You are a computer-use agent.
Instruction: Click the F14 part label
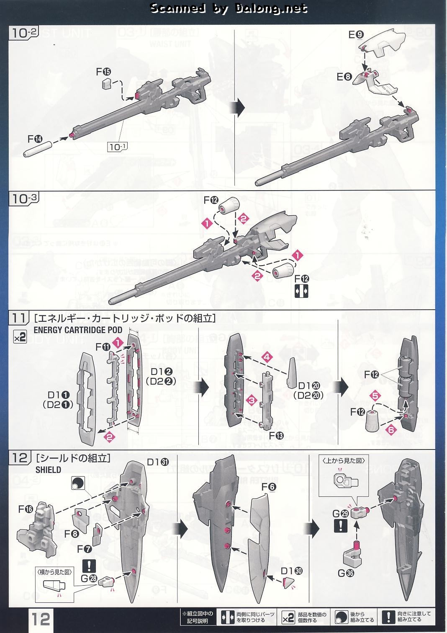click(35, 138)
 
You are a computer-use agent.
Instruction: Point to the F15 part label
click(103, 72)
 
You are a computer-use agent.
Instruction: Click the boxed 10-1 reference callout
click(118, 147)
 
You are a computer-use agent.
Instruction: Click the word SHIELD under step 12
click(48, 470)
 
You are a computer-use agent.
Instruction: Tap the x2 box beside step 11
click(20, 337)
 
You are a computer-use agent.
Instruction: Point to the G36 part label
click(347, 572)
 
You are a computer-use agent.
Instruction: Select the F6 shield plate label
click(269, 488)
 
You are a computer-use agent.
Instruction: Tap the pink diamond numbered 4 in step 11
click(267, 357)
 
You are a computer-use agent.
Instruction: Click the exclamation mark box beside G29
click(340, 525)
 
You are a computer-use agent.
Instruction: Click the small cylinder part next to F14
click(38, 149)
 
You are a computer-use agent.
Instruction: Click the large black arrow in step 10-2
click(239, 108)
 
